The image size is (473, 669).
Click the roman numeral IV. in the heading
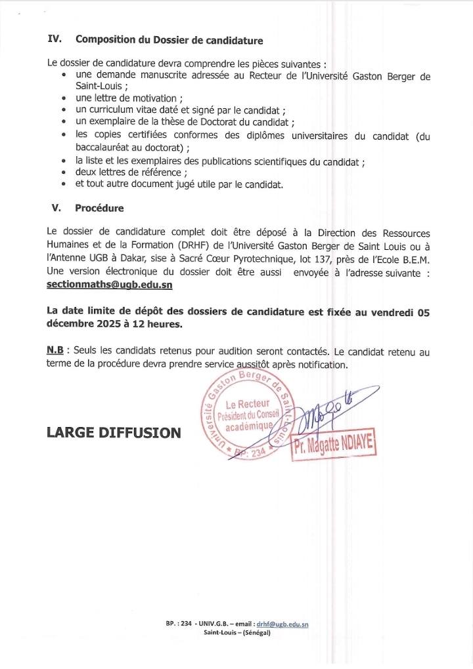click(x=55, y=39)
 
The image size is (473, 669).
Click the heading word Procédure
click(x=99, y=209)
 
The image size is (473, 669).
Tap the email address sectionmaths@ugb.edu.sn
click(x=110, y=285)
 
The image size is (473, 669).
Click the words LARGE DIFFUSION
click(x=113, y=432)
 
